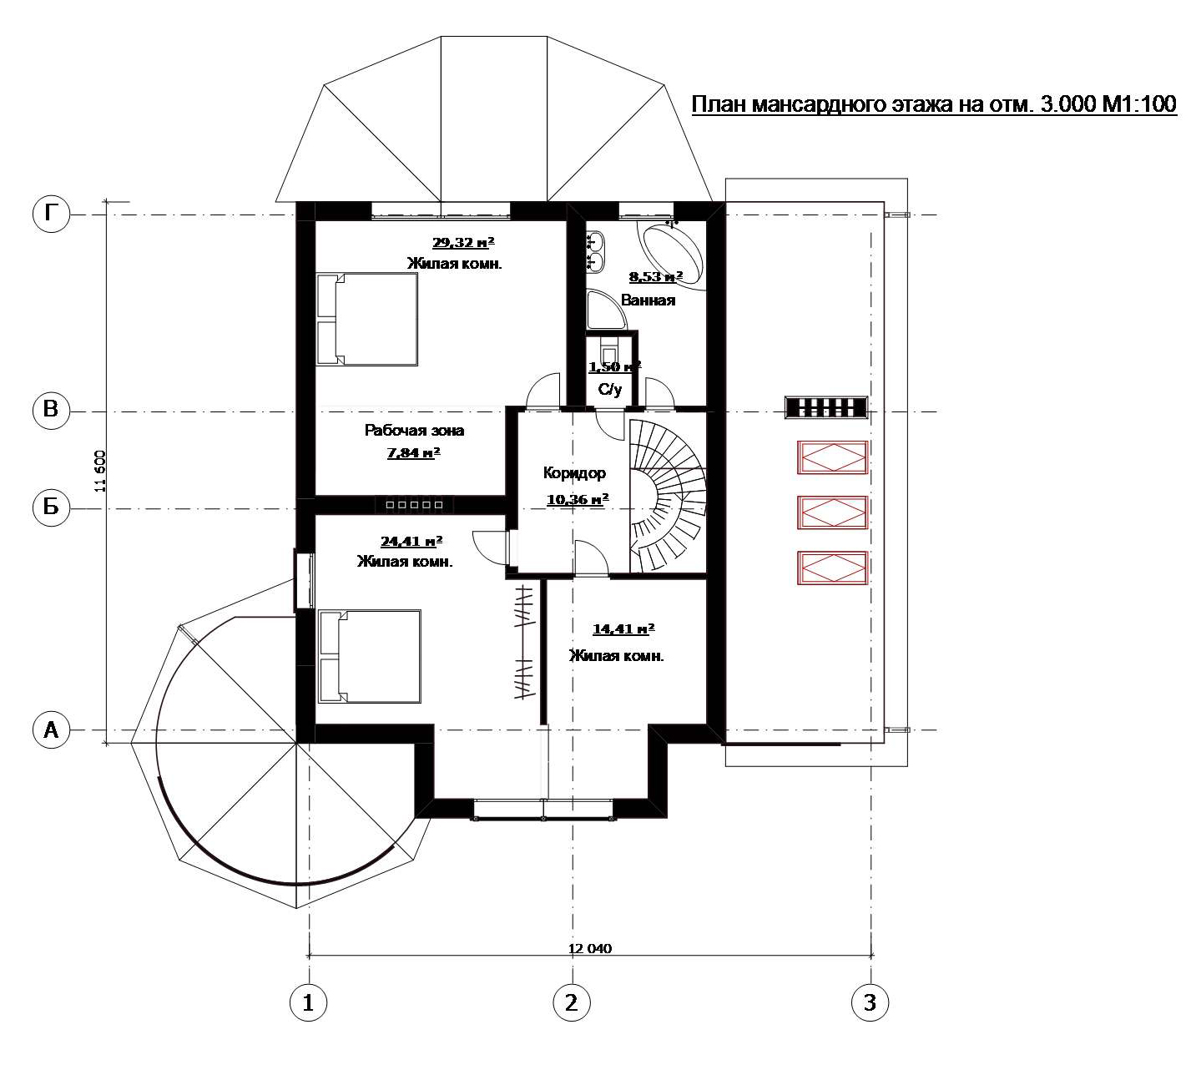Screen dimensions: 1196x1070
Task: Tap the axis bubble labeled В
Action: [52, 410]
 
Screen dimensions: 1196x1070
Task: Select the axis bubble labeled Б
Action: [52, 507]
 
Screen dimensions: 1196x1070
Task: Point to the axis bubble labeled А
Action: [52, 730]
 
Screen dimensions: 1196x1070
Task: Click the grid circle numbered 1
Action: [308, 1002]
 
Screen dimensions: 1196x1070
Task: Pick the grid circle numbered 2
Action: [572, 1002]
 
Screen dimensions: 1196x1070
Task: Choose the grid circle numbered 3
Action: [870, 1002]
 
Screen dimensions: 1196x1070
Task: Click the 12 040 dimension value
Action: [590, 949]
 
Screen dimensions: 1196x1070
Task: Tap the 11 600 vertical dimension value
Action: [100, 472]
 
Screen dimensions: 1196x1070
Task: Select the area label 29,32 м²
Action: [463, 243]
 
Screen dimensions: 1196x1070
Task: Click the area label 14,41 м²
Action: [623, 628]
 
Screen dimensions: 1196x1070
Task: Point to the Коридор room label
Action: [574, 473]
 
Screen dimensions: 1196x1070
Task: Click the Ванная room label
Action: [648, 300]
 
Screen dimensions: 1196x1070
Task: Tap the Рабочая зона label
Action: [414, 431]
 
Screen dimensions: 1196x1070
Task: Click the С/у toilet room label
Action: [610, 389]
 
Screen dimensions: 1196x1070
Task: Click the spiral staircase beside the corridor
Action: [668, 496]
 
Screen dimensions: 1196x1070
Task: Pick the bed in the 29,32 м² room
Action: [366, 319]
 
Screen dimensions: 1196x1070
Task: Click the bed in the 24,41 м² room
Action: [370, 656]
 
